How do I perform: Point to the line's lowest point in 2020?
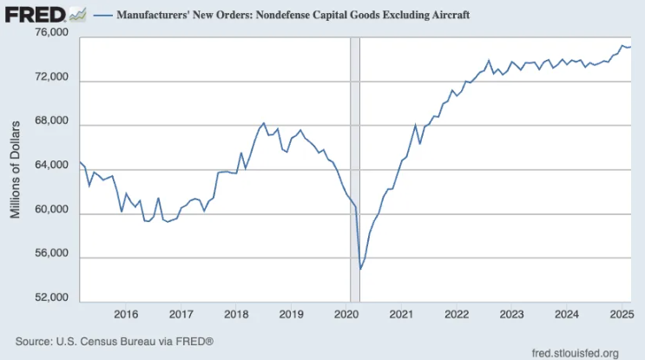pos(360,269)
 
